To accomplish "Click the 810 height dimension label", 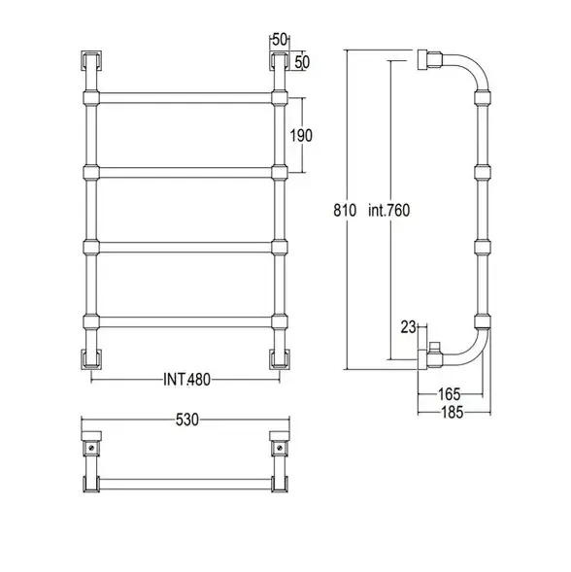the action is click(x=345, y=211).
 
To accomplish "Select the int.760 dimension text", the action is click(x=389, y=211).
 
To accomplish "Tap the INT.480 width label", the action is click(x=186, y=380).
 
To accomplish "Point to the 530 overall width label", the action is click(x=187, y=420).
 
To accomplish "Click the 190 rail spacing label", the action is click(x=301, y=136).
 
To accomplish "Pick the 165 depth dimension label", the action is click(x=450, y=394).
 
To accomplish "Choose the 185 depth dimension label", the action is click(x=453, y=413).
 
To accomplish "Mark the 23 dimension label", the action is click(x=408, y=327).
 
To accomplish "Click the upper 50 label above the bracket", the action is click(x=280, y=40).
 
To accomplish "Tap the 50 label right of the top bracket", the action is click(x=302, y=62).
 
